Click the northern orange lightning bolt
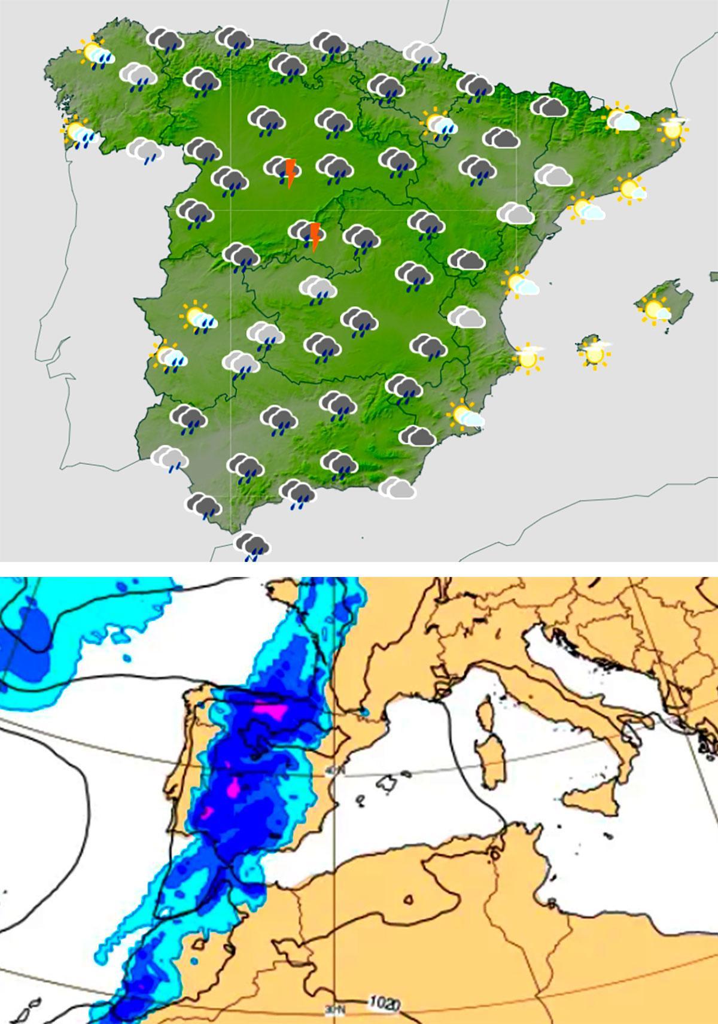pyautogui.click(x=290, y=173)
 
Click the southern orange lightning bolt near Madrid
pyautogui.click(x=315, y=236)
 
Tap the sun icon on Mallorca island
pyautogui.click(x=653, y=309)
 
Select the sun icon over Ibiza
pyautogui.click(x=595, y=353)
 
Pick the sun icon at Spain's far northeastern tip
pyautogui.click(x=673, y=128)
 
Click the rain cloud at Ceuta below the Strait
pyautogui.click(x=252, y=546)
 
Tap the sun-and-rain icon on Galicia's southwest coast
pyautogui.click(x=80, y=135)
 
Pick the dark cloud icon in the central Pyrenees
pyautogui.click(x=549, y=107)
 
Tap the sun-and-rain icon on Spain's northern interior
pyautogui.click(x=440, y=123)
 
